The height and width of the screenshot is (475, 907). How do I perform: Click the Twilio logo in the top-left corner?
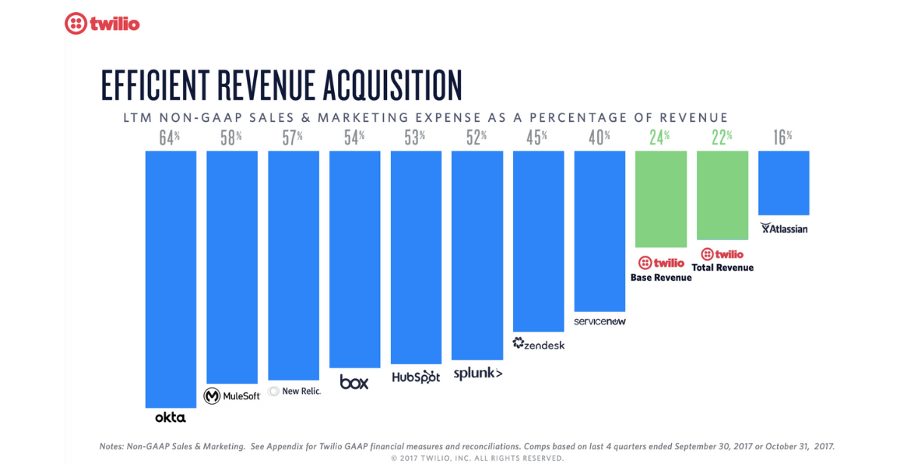point(102,23)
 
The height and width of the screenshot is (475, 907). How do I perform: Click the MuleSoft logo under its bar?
point(232,396)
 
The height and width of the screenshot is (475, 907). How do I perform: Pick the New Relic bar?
point(293,265)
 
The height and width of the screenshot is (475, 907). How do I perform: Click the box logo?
point(354,382)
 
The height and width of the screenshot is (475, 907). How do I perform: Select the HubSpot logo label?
point(416,377)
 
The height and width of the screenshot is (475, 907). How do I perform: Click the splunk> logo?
point(478,373)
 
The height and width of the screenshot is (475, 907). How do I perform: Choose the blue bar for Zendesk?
point(538,241)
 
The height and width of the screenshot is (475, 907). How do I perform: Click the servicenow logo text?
point(600,321)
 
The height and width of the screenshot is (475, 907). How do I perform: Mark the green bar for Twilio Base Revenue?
point(661,199)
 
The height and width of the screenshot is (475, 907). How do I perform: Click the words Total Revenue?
point(723,268)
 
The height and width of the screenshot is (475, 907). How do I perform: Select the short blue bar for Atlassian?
point(784,182)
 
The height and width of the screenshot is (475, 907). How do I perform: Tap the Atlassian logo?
point(784,228)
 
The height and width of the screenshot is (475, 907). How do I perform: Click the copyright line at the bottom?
point(477,458)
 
